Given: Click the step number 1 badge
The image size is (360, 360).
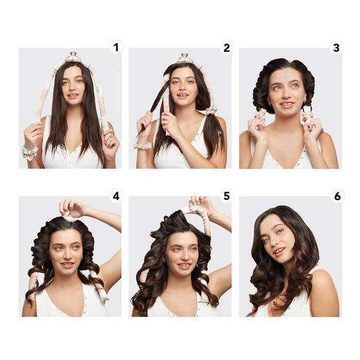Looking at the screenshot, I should tap(116, 48).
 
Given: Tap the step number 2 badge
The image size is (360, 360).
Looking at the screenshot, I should tap(226, 48).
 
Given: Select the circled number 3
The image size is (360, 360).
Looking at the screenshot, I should tap(336, 48).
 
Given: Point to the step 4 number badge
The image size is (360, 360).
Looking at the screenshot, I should tap(116, 196).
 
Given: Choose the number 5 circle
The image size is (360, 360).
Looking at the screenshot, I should tap(226, 196).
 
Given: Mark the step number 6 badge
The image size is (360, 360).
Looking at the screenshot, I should tap(336, 196).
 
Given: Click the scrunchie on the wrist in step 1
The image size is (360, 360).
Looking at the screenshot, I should tap(28, 151).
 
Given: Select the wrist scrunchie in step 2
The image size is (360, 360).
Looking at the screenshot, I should tap(143, 145).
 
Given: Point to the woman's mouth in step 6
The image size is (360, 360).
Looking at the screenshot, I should tap(278, 251).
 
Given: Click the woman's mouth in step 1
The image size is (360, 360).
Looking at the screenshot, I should tap(72, 96).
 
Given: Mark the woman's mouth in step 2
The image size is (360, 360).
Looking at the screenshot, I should tap(183, 96).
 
